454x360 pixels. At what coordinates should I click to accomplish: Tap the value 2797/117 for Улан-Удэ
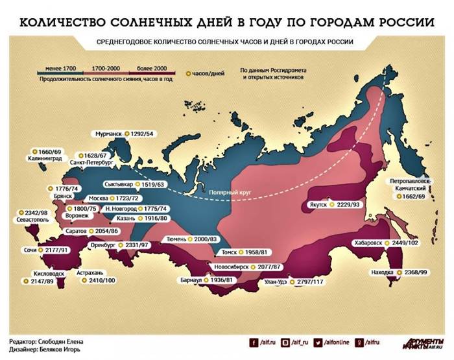click(313, 282)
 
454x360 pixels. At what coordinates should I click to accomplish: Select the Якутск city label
click(316, 204)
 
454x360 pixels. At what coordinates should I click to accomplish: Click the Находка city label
click(382, 272)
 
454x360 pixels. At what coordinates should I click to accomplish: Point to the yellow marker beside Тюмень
click(189, 240)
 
